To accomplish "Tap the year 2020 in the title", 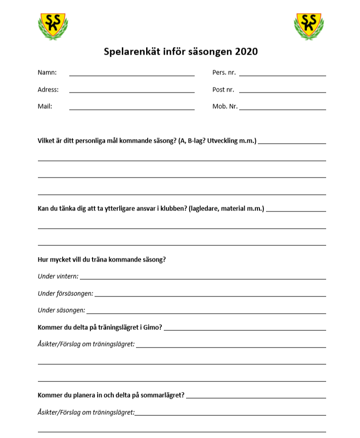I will point(245,52).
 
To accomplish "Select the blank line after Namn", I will point(131,75).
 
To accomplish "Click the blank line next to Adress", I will point(131,92).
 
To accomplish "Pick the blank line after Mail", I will point(131,109).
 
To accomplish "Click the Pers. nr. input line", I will point(282,75).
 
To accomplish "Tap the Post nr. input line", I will point(282,92).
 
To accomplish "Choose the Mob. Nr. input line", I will point(282,109).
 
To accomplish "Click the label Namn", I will point(47,72).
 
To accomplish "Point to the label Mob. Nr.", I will point(225,106).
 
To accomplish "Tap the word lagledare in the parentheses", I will point(205,208).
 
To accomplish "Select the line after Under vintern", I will point(202,278).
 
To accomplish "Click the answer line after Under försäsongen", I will point(210,295).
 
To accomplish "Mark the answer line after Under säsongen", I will point(206,313).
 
